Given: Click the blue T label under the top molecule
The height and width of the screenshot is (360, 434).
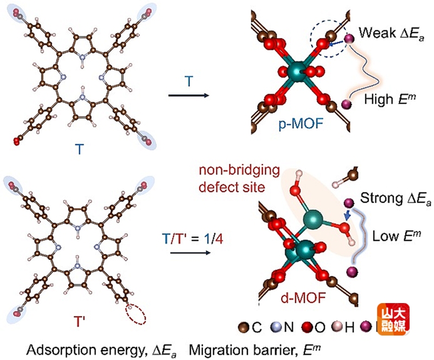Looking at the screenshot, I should (x=80, y=150).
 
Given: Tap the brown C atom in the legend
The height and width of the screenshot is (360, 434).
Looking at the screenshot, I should (x=245, y=327).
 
